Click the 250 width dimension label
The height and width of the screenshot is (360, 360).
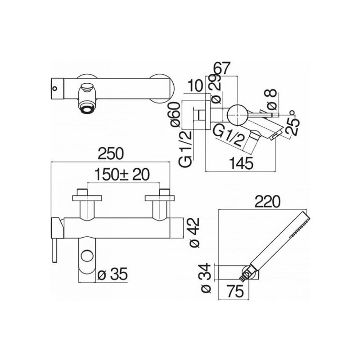[x=111, y=154]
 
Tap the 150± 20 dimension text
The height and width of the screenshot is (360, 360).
[x=122, y=175]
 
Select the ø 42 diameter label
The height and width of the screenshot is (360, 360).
[x=194, y=232]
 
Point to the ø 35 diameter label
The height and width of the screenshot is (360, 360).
[x=112, y=274]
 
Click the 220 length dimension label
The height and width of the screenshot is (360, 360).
[x=268, y=201]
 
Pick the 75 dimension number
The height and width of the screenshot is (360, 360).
[x=235, y=291]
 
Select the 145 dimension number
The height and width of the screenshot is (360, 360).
[x=242, y=163]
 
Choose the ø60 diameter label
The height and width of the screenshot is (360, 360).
[x=175, y=115]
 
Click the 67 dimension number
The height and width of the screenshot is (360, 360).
[x=221, y=68]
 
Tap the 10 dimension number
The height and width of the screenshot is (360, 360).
[x=195, y=86]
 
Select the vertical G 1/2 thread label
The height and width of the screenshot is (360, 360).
[x=185, y=149]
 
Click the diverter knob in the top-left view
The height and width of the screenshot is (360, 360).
[x=87, y=87]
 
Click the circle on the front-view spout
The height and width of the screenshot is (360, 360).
[x=87, y=256]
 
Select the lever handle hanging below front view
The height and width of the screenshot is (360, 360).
[x=54, y=250]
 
